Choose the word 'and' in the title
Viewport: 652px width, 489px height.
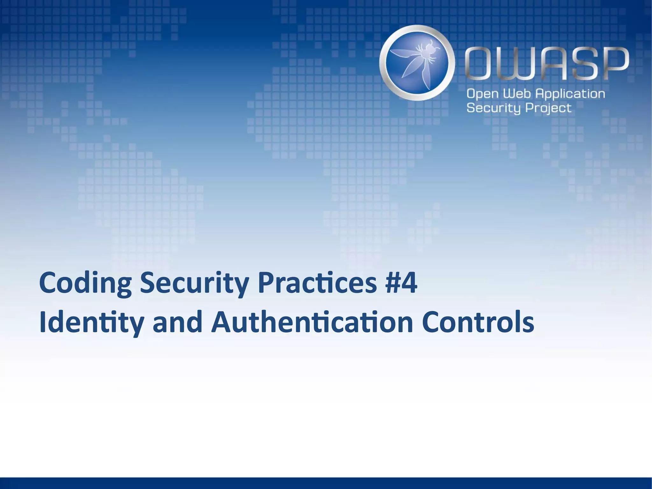tap(178, 322)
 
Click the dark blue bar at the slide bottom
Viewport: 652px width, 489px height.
tap(326, 483)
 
